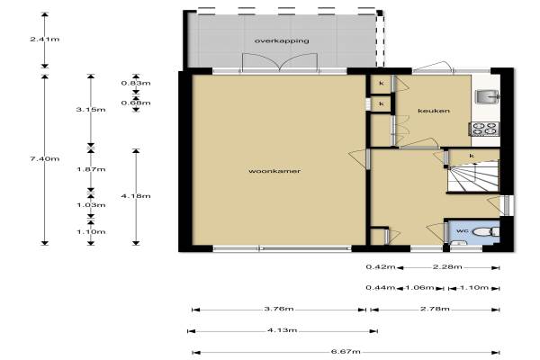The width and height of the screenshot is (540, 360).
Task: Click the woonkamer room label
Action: pos(274,171)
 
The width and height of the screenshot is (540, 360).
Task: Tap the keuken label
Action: pos(434,111)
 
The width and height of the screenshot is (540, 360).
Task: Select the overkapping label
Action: pos(282,40)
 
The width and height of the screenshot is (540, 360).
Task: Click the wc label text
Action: pos(462,230)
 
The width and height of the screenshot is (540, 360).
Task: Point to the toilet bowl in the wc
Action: pos(486,232)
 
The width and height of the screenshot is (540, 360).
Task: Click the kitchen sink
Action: pos(487,96)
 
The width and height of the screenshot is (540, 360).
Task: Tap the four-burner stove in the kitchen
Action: pos(485,129)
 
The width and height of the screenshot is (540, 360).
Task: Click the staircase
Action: pos(473,176)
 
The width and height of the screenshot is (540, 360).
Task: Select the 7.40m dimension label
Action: pos(44,158)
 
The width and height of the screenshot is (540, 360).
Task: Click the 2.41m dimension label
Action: pos(44,40)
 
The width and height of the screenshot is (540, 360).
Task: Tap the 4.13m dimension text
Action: pos(282,330)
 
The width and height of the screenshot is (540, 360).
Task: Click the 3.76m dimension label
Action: pos(279,309)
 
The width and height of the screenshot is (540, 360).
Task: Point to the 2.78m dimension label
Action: pos(435,309)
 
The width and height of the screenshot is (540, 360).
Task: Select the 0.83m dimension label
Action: pos(136,83)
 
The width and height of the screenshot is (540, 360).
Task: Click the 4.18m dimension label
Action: pos(136,196)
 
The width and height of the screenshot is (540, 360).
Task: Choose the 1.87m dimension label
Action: pos(91,169)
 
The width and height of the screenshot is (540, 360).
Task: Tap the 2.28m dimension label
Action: pos(447,267)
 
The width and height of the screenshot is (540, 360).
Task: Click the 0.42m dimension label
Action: pos(380,267)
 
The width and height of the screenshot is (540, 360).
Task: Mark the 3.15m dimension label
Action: pos(91,110)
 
